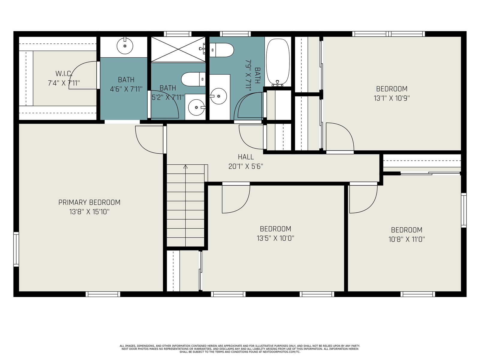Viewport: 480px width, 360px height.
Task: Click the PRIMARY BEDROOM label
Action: [89, 202]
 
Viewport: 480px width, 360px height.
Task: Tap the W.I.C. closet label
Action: [64, 74]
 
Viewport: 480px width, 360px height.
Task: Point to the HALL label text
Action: [246, 157]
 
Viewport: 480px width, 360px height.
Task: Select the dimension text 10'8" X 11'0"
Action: [406, 239]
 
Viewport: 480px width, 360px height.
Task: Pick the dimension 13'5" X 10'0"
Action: [275, 238]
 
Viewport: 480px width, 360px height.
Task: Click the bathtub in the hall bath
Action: [278, 62]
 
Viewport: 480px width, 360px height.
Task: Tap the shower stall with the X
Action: [178, 49]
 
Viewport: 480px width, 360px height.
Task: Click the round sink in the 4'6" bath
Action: [125, 46]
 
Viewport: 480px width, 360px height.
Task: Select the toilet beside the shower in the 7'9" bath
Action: [221, 50]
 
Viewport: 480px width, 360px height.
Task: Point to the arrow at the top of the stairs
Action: [185, 167]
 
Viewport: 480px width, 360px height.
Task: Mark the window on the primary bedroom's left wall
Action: [16, 249]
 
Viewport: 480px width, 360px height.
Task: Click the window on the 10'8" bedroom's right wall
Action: [463, 210]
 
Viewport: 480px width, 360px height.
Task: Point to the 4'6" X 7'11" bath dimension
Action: [126, 89]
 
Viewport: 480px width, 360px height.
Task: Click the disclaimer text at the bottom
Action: [240, 349]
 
